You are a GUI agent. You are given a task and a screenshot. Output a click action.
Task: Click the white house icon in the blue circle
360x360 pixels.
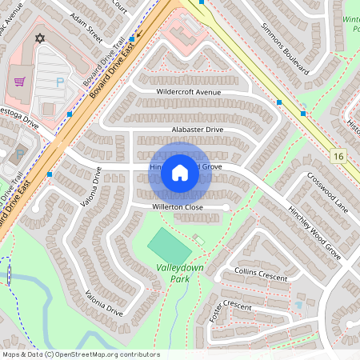180,173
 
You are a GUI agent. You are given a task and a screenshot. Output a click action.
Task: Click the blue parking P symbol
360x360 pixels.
59,82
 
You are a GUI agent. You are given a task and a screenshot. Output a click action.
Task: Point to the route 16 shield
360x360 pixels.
340,155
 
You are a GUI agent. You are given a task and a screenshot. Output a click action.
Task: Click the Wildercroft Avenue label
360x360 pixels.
189,92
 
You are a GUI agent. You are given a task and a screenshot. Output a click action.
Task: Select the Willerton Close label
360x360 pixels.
178,207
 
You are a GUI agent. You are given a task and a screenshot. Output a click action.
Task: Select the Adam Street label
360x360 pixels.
86,27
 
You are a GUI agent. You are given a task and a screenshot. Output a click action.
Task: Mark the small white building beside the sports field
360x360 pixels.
198,240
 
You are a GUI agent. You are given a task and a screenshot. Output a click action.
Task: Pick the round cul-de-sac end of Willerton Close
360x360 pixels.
226,207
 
